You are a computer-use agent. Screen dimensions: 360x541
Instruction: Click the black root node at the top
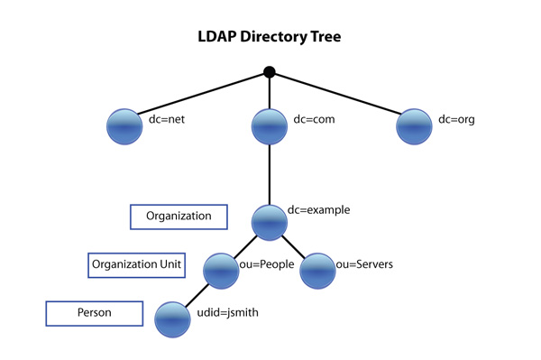tap(269, 71)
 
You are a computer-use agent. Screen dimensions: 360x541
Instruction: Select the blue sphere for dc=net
tap(124, 126)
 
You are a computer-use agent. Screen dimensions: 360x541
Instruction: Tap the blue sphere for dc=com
tap(269, 127)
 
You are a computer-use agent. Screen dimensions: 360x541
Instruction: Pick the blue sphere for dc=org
tap(415, 126)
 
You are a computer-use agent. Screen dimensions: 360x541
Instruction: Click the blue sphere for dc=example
tap(269, 222)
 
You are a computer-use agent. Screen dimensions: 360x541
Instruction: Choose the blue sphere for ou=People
tap(221, 270)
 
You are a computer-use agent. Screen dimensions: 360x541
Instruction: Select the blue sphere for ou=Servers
tap(316, 270)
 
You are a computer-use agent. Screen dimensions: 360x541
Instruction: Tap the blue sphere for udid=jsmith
tap(172, 318)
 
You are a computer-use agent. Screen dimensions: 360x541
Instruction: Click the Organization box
tap(178, 217)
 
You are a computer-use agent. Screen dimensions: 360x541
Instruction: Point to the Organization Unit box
tap(137, 265)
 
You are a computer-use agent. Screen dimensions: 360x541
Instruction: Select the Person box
tap(94, 314)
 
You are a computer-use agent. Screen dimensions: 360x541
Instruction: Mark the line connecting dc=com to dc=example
tap(269, 176)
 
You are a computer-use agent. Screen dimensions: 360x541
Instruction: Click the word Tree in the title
tap(322, 39)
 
